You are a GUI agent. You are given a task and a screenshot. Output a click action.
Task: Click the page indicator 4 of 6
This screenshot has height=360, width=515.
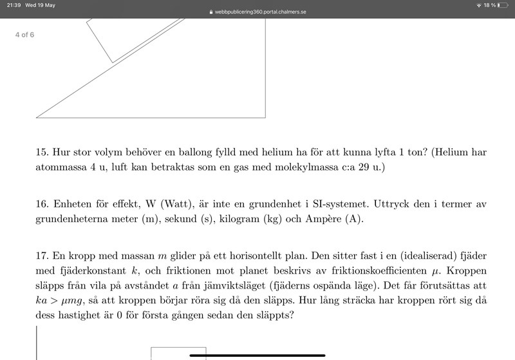point(24,35)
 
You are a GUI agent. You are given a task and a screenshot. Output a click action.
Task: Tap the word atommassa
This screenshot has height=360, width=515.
point(62,167)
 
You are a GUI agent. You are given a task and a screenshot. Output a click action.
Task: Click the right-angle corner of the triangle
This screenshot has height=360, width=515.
point(265,117)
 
